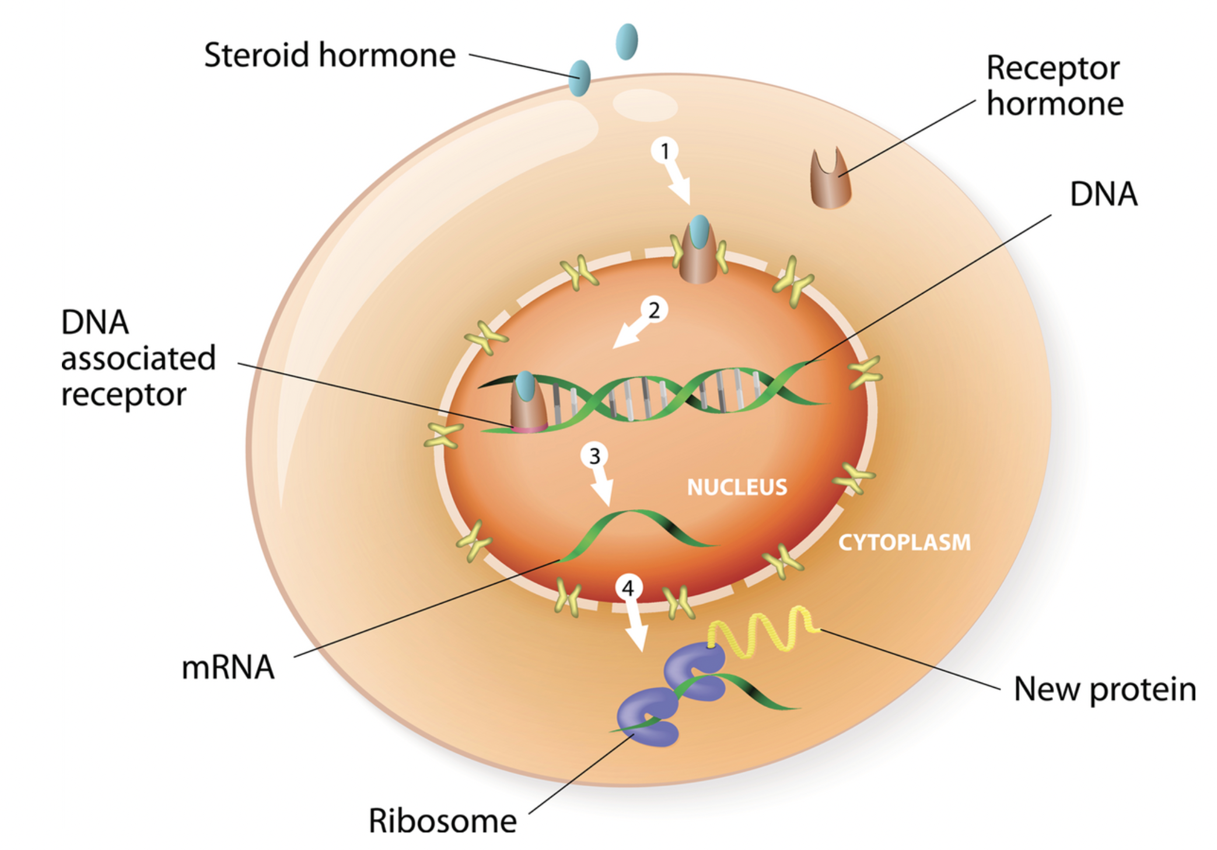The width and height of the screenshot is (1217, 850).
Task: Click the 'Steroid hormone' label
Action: pos(330,55)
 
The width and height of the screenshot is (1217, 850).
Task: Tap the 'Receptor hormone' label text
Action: pos(1054,86)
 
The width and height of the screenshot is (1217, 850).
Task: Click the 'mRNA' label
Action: pos(228,667)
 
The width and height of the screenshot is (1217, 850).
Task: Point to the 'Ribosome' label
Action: pos(443,820)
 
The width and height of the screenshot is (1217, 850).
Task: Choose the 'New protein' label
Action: pos(1104,689)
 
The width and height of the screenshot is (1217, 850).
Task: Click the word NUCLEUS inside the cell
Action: pos(737,487)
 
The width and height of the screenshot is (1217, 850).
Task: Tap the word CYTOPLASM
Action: pos(904,542)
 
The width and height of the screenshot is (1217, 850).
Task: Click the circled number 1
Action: pos(665,151)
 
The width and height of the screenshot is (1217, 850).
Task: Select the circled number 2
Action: pos(653,310)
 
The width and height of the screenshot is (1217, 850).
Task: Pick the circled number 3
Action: pos(594,456)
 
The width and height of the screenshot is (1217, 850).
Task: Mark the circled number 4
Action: pos(628,588)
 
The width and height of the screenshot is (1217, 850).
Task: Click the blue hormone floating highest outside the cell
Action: pos(627,41)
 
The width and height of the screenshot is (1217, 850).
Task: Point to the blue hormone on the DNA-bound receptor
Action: pos(526,386)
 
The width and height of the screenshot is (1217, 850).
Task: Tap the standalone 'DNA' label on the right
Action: pos(1103,194)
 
